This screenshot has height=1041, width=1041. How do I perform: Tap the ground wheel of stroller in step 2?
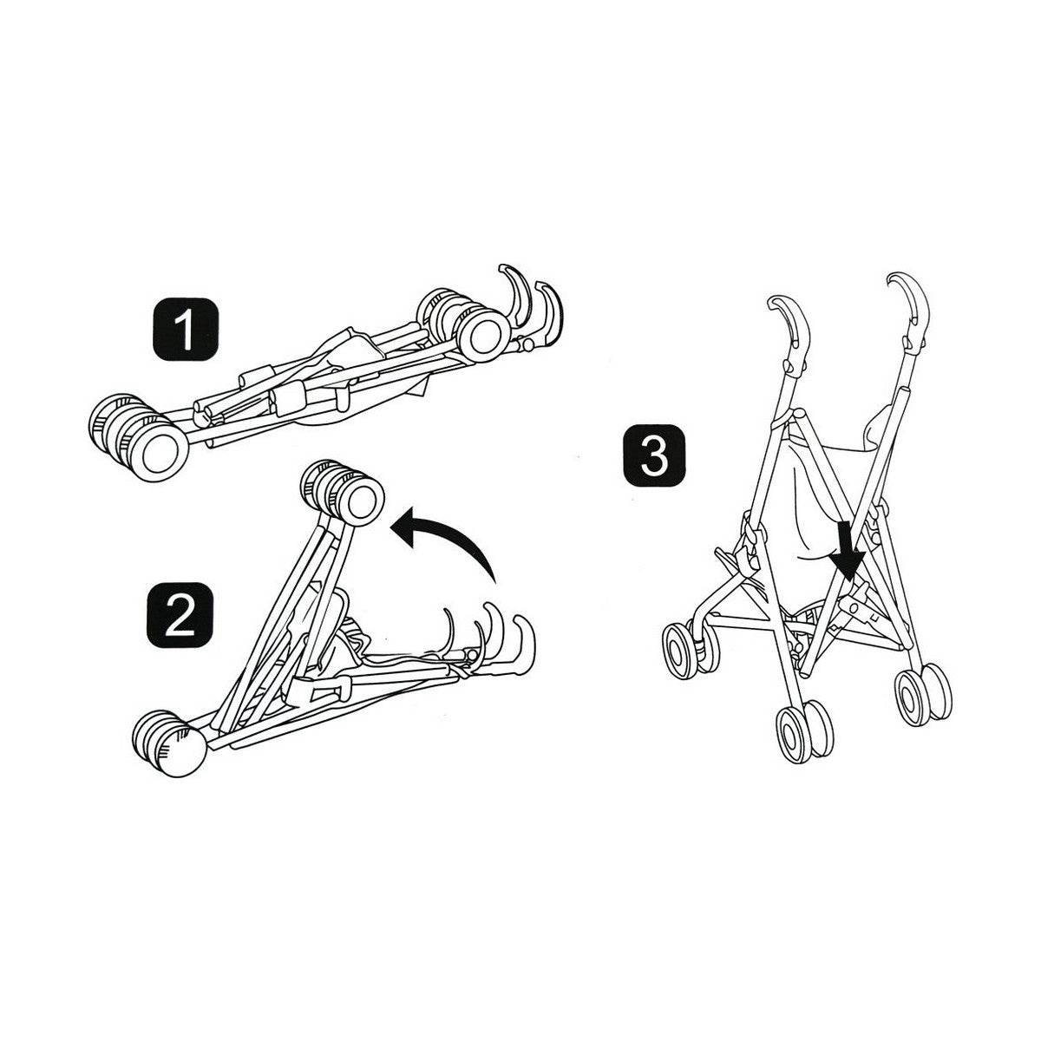169,743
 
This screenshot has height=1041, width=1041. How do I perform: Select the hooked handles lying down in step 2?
494,642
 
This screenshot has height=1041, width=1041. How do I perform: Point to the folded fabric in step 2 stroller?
347,633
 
